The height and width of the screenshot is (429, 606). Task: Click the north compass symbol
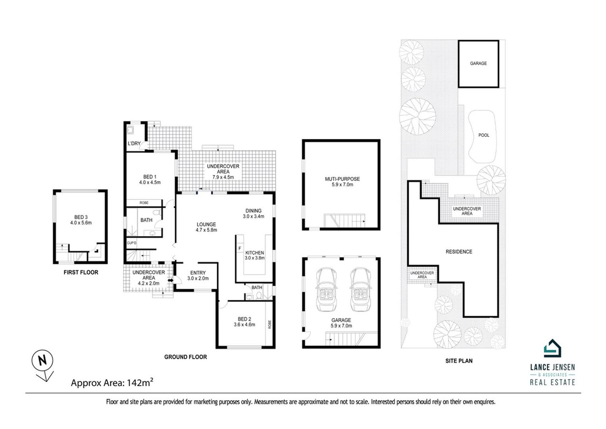click(x=42, y=361)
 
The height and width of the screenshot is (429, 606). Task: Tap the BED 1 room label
click(x=150, y=180)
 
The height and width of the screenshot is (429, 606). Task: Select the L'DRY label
click(x=134, y=143)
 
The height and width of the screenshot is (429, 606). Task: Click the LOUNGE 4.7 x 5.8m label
click(x=206, y=227)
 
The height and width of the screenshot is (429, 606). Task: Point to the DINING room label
click(x=254, y=214)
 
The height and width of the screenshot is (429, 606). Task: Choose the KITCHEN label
click(x=254, y=255)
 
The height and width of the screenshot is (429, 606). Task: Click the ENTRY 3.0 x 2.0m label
click(x=198, y=275)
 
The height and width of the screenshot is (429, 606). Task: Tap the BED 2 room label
click(x=244, y=322)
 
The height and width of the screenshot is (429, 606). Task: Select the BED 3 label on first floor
click(x=81, y=220)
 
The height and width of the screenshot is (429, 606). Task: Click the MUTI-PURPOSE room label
click(x=342, y=182)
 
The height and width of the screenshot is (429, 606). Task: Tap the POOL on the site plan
click(x=483, y=135)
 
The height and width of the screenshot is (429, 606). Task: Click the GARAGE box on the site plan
click(x=478, y=64)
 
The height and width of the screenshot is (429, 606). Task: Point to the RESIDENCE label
click(x=459, y=251)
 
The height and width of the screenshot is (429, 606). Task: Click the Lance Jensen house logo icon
click(x=552, y=348)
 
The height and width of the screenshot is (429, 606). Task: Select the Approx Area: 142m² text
click(x=112, y=383)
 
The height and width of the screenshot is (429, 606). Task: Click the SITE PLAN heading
click(x=459, y=361)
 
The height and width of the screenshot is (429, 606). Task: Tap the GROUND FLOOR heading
click(x=185, y=357)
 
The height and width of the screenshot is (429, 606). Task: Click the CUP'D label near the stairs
click(x=132, y=243)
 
